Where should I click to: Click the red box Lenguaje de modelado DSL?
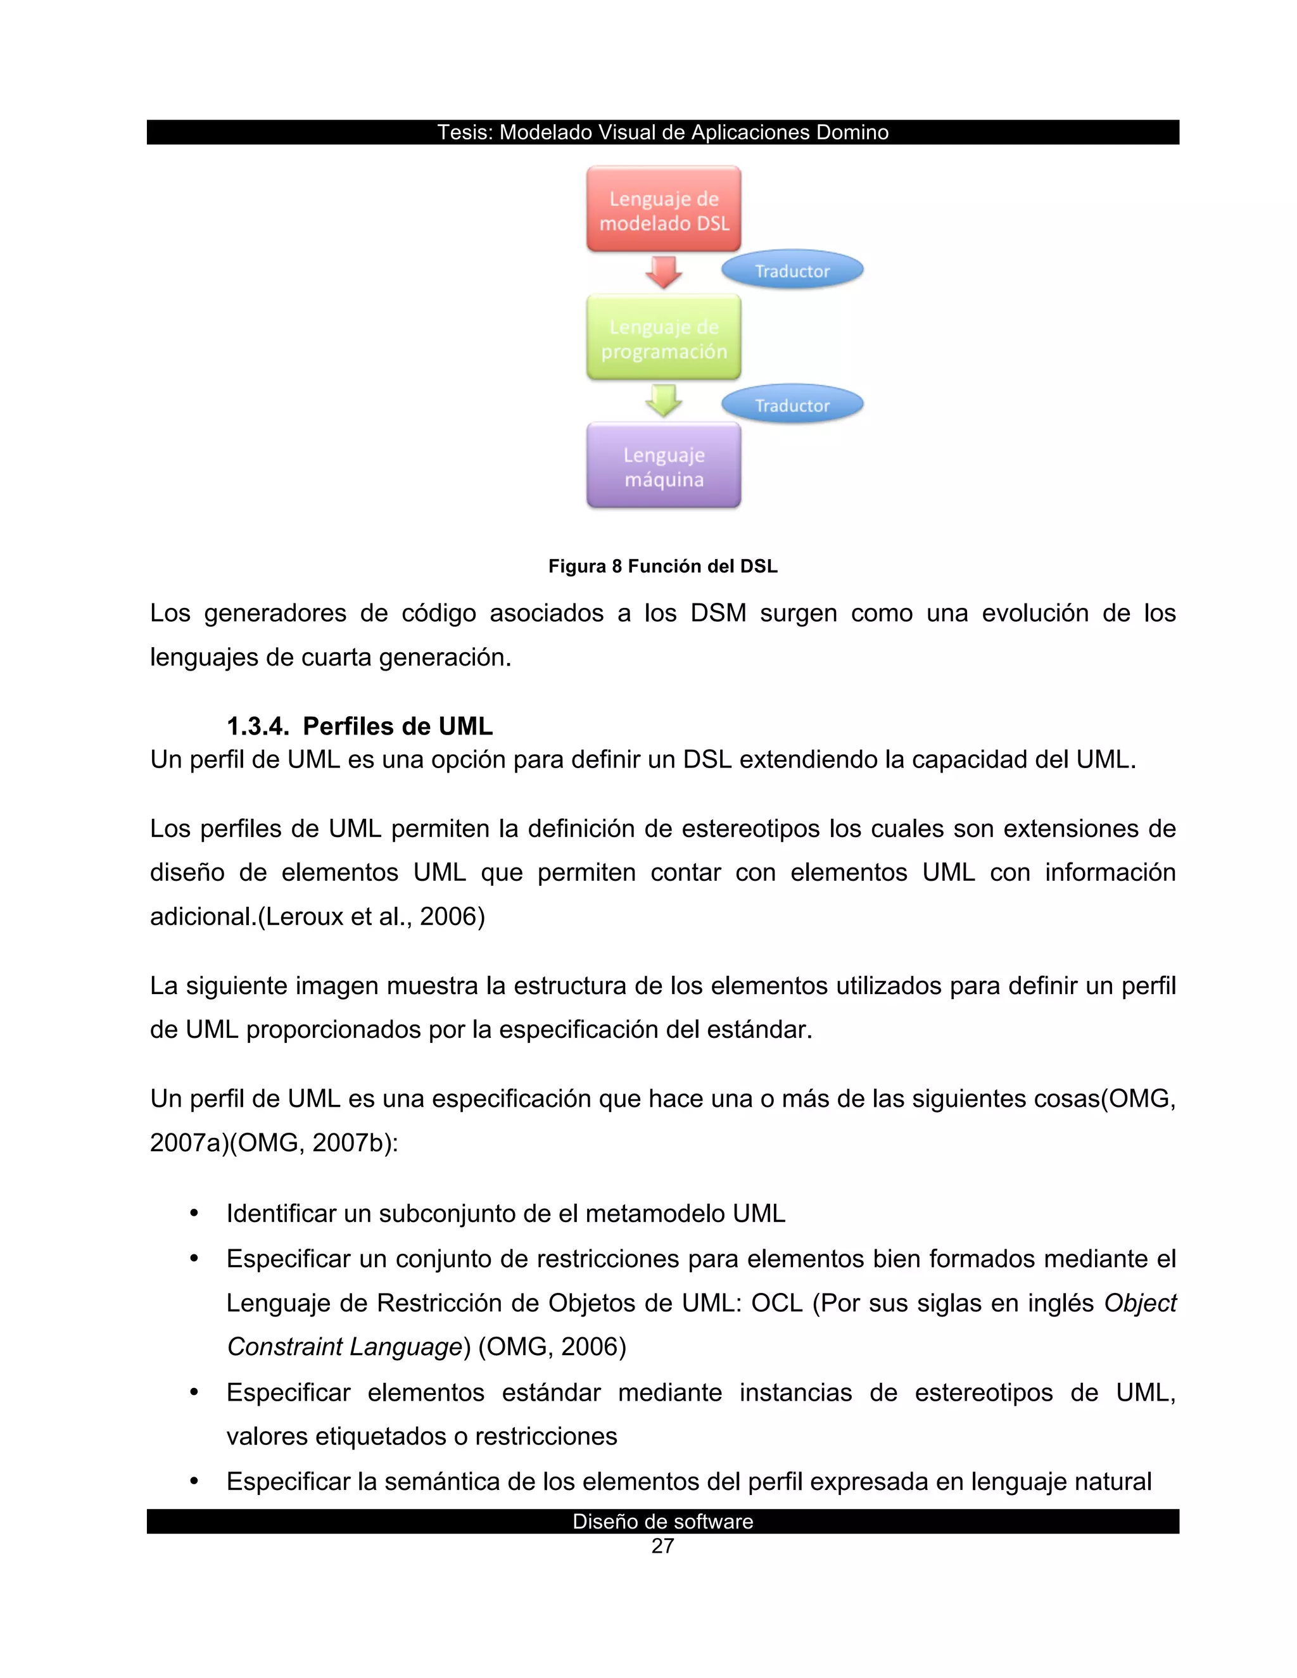pos(663,210)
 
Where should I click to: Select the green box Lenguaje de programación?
pos(663,338)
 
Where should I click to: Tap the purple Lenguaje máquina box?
pos(663,467)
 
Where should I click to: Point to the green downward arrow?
pos(663,400)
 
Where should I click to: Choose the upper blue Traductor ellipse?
pos(792,270)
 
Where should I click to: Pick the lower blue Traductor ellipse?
pos(792,405)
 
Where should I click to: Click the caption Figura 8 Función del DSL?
pos(662,566)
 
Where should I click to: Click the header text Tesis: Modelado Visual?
pos(662,132)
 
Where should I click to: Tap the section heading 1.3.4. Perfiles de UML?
pos(360,726)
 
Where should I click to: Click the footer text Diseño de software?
pos(662,1521)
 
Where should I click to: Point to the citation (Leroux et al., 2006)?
pos(370,917)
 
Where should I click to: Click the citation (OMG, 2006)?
pos(552,1347)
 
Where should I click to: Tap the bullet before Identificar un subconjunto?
pos(194,1213)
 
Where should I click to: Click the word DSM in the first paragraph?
pos(718,613)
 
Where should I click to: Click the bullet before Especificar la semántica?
pos(194,1480)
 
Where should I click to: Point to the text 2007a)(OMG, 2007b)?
pos(274,1142)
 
